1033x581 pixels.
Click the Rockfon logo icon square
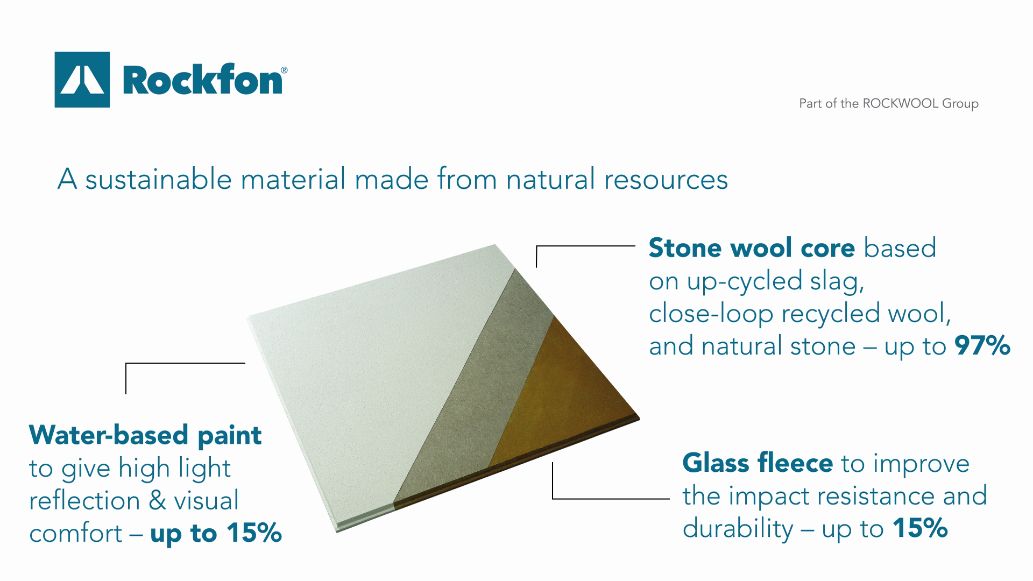pos(82,80)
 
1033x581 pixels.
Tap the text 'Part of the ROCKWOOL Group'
pos(888,103)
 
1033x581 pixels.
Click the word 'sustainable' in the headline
pos(158,179)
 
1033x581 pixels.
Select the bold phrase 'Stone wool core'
pos(752,248)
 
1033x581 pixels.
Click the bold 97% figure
pos(982,346)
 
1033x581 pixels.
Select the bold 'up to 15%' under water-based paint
pos(216,533)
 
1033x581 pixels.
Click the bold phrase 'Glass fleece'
pos(758,463)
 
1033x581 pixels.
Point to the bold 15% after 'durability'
pos(920,528)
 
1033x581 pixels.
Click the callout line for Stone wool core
pos(585,246)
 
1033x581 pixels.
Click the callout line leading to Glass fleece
pos(611,499)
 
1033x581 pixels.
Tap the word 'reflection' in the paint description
pos(84,501)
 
